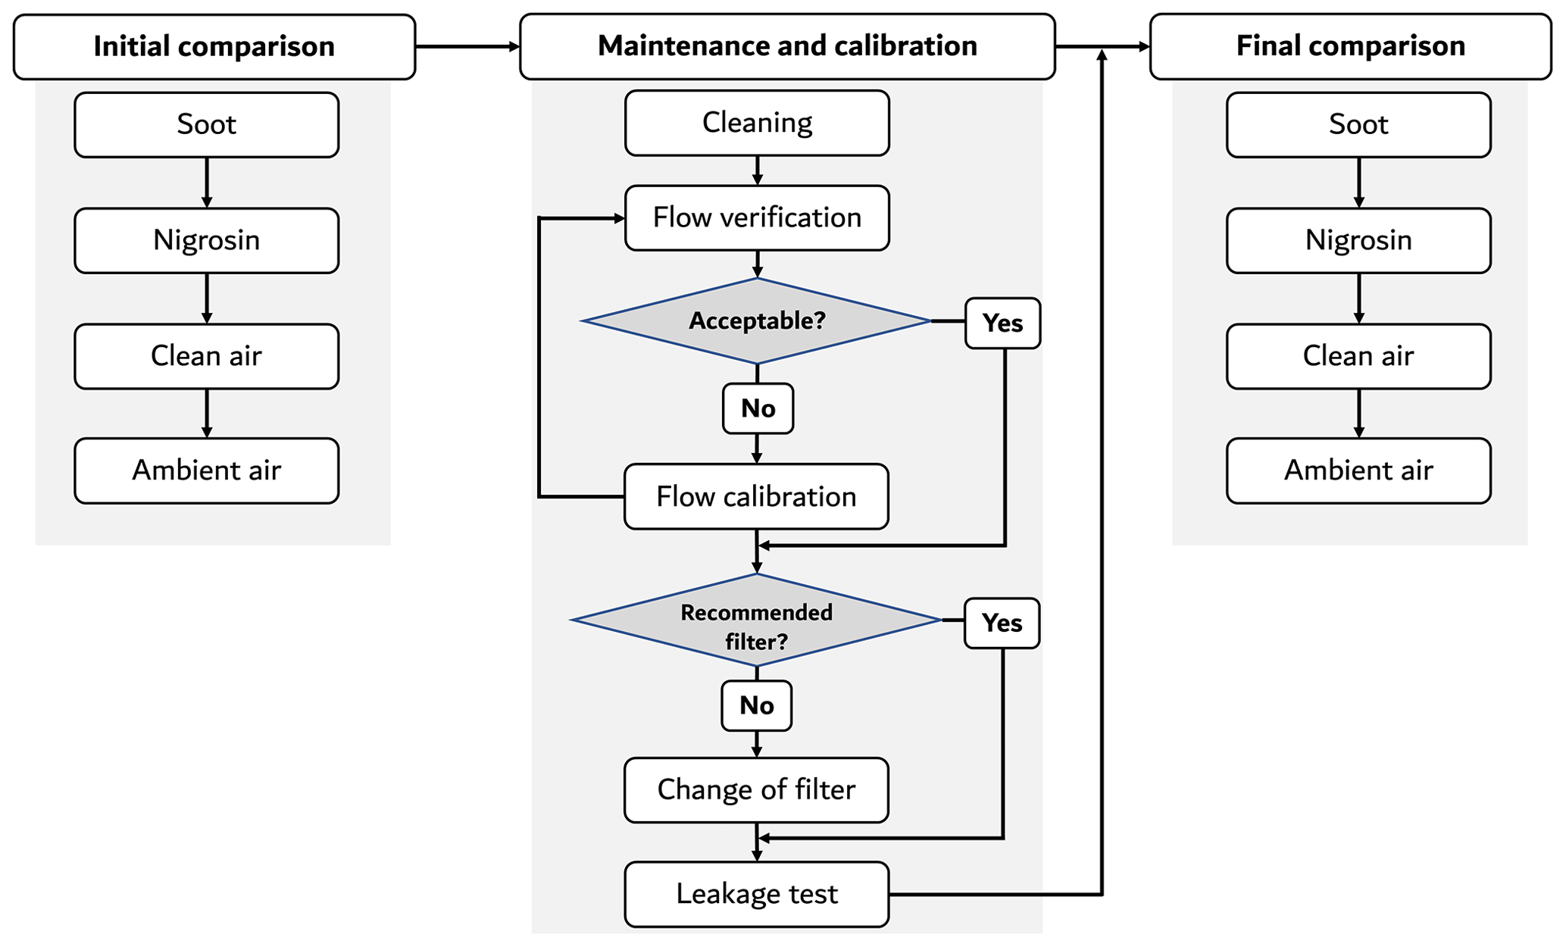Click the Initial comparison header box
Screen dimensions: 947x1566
[x=214, y=47]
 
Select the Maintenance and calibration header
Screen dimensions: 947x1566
[x=787, y=46]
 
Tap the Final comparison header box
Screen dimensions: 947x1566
[x=1350, y=46]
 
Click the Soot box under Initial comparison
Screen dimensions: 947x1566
[x=207, y=125]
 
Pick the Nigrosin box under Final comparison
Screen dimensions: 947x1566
[x=1358, y=241]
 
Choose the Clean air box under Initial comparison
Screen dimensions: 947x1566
[x=207, y=356]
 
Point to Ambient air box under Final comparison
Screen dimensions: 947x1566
[x=1358, y=470]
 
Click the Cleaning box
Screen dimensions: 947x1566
[x=757, y=123]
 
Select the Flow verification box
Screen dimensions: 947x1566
[x=757, y=218]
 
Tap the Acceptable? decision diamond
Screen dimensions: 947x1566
[x=757, y=321]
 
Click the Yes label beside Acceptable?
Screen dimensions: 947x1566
[x=1002, y=323]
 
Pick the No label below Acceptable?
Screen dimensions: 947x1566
[x=758, y=409]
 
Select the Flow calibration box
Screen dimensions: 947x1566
[x=756, y=497]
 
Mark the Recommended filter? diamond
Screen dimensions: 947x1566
[x=756, y=620]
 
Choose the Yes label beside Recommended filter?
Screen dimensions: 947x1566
[x=1002, y=624]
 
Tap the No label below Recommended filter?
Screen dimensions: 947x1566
[x=757, y=706]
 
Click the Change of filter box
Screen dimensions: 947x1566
[x=756, y=790]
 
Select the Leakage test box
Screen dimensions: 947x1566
[x=757, y=894]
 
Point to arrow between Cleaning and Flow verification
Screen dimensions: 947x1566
[x=757, y=170]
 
